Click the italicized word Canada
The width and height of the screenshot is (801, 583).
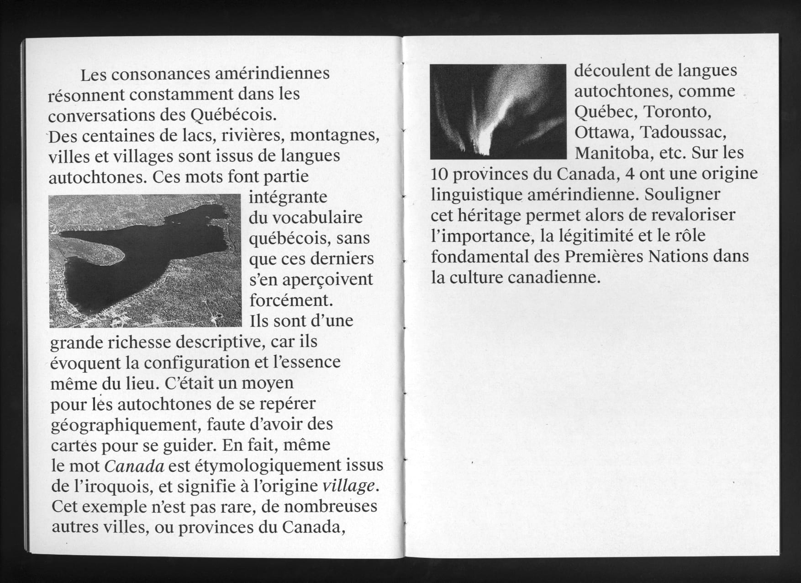point(134,466)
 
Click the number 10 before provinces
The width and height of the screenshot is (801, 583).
point(440,174)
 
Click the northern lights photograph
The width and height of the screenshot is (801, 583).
point(498,111)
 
